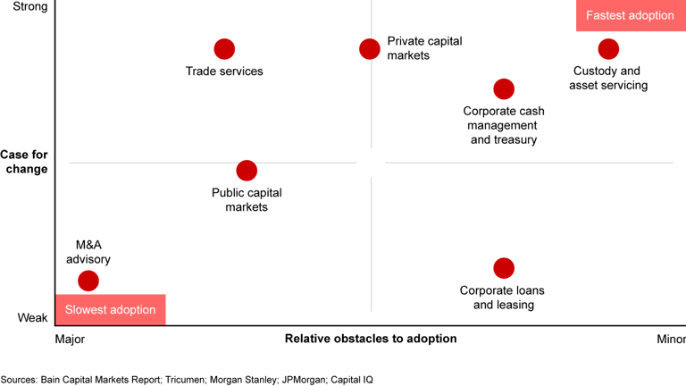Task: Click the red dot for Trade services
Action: click(x=224, y=49)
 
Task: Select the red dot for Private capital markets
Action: click(x=370, y=49)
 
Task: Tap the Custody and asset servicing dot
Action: click(x=608, y=49)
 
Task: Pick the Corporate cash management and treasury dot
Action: click(x=504, y=88)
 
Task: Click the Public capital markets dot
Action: click(x=247, y=170)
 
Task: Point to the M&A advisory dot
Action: click(x=88, y=281)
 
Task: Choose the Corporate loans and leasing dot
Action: click(x=504, y=268)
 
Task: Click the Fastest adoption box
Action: click(x=630, y=15)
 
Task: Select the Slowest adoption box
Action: click(x=111, y=310)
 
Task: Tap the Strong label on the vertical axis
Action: click(x=30, y=7)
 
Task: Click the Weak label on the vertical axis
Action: click(x=33, y=318)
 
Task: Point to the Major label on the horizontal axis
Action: click(x=70, y=340)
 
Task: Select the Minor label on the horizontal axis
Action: click(x=671, y=340)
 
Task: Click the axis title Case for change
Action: click(x=24, y=162)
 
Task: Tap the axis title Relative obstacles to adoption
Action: click(x=371, y=340)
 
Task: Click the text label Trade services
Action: click(x=224, y=71)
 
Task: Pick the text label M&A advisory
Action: click(x=93, y=252)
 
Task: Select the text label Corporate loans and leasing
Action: click(x=502, y=298)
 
